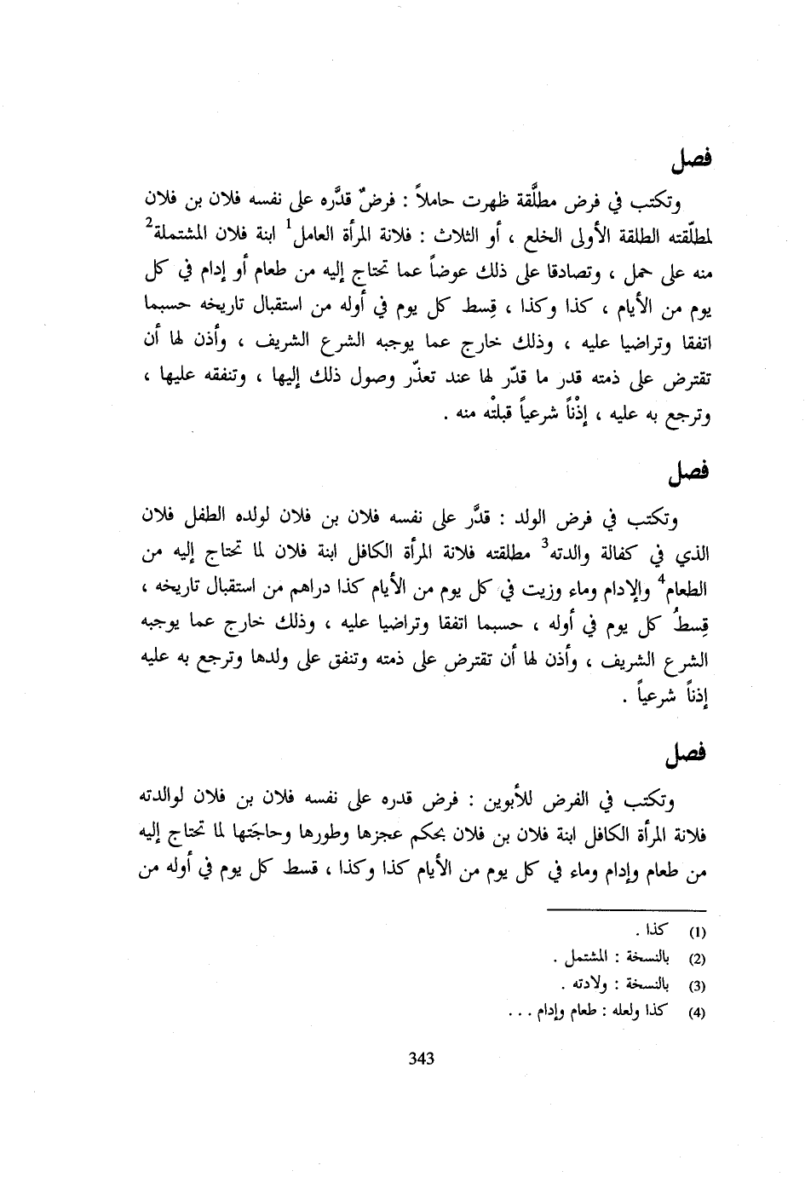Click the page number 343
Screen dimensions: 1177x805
422,1059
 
